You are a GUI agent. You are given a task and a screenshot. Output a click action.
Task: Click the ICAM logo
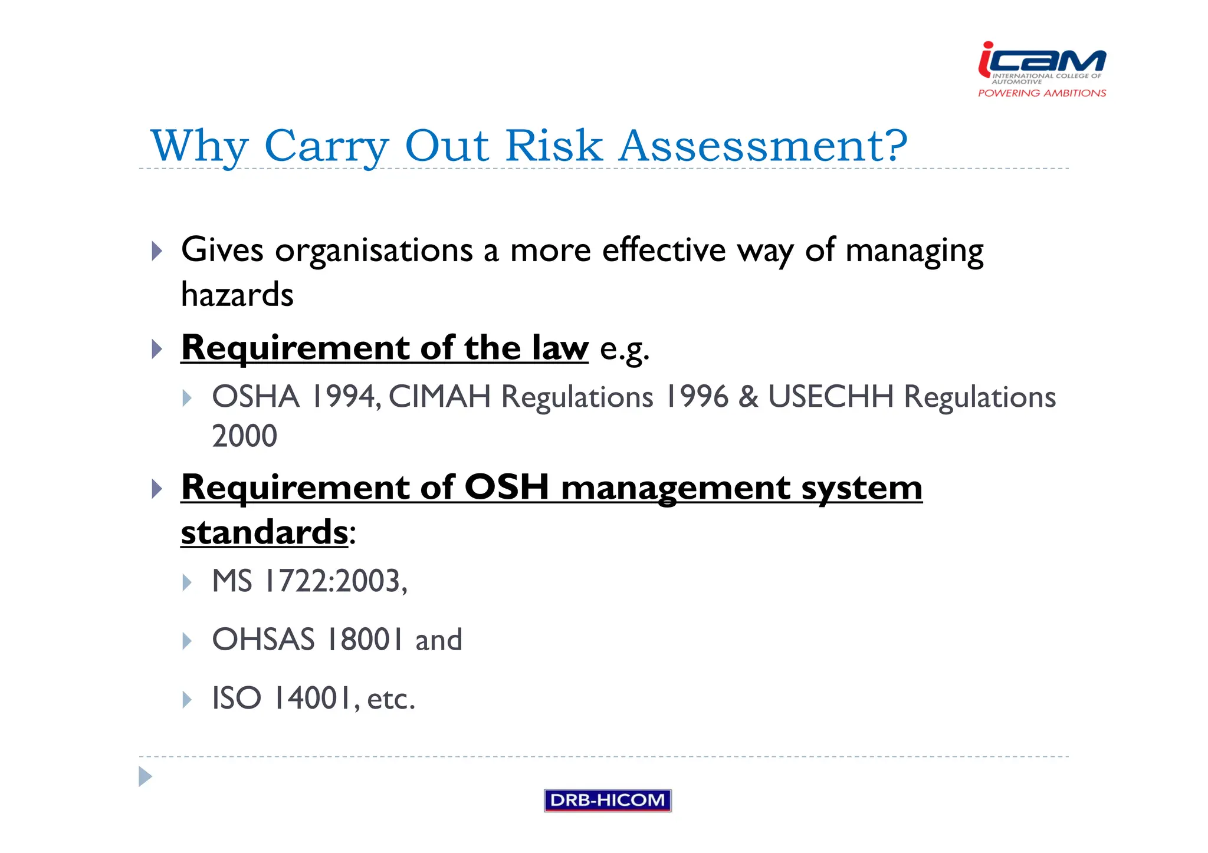[1042, 61]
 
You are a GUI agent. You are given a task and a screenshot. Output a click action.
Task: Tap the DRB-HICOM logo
[607, 800]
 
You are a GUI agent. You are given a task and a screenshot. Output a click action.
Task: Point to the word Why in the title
[199, 146]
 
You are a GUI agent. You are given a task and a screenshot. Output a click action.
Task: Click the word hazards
[237, 294]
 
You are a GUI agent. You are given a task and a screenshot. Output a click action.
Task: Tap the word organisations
[374, 251]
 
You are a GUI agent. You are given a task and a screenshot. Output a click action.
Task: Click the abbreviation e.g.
[624, 349]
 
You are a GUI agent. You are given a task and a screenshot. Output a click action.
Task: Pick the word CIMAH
[439, 396]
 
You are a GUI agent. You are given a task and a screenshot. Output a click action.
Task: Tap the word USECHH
[830, 396]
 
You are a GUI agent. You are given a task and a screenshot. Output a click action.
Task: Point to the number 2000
[244, 436]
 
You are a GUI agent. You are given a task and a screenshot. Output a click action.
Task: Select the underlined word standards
[264, 532]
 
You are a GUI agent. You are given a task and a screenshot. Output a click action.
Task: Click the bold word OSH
[507, 488]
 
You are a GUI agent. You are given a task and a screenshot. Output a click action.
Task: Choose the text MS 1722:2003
[308, 581]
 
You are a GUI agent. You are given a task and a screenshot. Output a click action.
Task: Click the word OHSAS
[263, 640]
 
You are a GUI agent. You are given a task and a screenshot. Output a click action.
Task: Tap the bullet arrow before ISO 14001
[187, 700]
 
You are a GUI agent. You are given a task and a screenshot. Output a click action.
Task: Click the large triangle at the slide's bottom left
[145, 776]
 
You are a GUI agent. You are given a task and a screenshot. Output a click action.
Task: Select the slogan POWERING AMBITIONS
[1042, 93]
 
